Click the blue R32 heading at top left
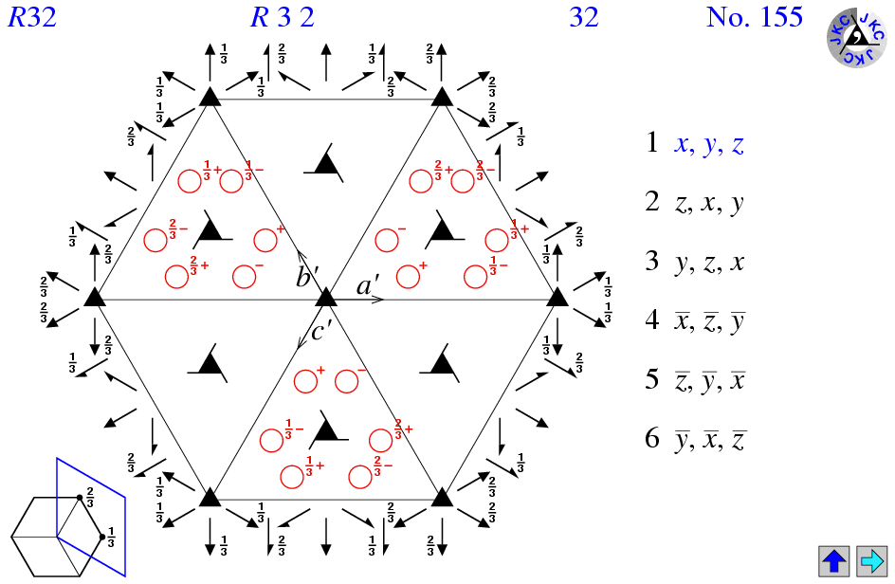pos(32,17)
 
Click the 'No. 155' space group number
pos(754,17)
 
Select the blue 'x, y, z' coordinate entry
pos(708,144)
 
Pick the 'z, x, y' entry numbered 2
pos(708,203)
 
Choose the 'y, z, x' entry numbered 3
pos(708,263)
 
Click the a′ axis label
pos(369,284)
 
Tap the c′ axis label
pos(322,332)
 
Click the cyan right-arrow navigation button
pos(870,560)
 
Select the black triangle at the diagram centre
pos(326,297)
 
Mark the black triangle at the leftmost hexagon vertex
pos(94,297)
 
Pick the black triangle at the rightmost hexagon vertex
pos(558,297)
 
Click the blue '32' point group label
pos(584,17)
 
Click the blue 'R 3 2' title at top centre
pos(282,17)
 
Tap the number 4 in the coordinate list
pos(652,320)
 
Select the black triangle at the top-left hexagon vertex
pos(210,96)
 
